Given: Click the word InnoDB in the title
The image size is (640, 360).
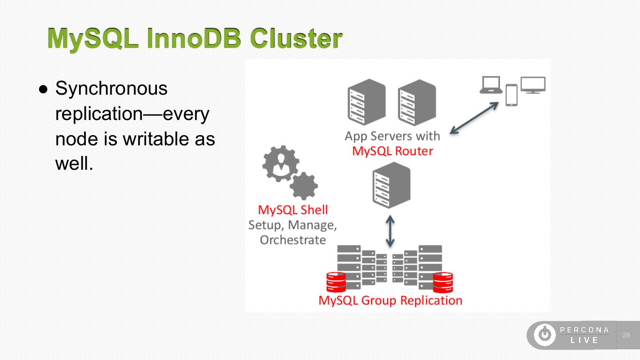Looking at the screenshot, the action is pyautogui.click(x=194, y=38).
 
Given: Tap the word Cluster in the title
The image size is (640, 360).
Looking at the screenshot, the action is pyautogui.click(x=296, y=38).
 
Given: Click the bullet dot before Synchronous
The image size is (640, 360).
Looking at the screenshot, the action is pyautogui.click(x=44, y=89).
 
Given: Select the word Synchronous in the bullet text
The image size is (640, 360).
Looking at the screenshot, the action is pyautogui.click(x=112, y=88).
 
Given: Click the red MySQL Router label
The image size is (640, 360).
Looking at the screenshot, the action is pyautogui.click(x=392, y=151).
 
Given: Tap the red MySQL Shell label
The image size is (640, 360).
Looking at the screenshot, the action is pyautogui.click(x=293, y=210).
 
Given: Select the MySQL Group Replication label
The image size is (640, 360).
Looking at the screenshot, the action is pyautogui.click(x=390, y=300).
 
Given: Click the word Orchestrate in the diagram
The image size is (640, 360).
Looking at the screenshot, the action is pyautogui.click(x=293, y=240).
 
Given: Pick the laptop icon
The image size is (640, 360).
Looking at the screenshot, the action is pyautogui.click(x=491, y=85).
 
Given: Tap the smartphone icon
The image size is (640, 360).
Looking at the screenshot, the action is pyautogui.click(x=512, y=95).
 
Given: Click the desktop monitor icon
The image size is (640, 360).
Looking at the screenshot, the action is pyautogui.click(x=533, y=85).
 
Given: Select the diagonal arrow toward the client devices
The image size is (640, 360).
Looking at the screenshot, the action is pyautogui.click(x=474, y=118).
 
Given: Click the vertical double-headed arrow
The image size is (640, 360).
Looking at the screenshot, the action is pyautogui.click(x=390, y=232).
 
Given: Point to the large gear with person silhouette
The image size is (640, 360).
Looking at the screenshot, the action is pyautogui.click(x=281, y=164).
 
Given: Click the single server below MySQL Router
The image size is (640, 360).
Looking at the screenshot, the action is pyautogui.click(x=392, y=185).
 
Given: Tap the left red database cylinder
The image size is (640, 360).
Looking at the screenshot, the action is pyautogui.click(x=336, y=282).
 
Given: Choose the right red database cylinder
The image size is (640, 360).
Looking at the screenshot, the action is pyautogui.click(x=443, y=283).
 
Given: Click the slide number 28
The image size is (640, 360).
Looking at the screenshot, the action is pyautogui.click(x=626, y=335).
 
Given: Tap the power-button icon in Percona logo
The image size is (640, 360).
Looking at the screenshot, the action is pyautogui.click(x=545, y=335).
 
